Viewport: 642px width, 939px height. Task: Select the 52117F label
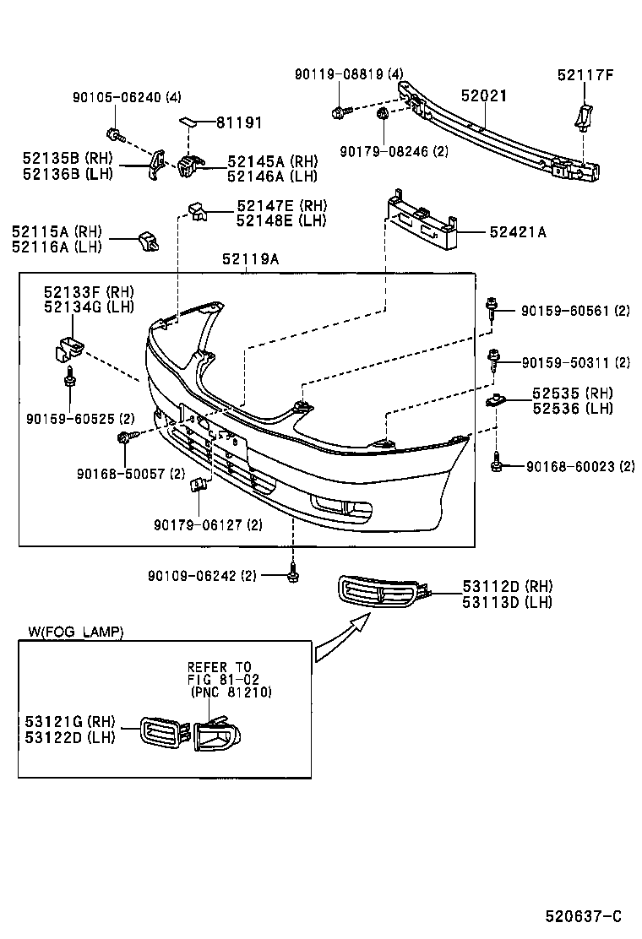pos(585,75)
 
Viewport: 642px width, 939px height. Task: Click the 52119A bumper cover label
pos(251,259)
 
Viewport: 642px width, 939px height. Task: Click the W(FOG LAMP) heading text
pos(75,632)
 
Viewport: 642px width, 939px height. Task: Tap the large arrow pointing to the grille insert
pos(342,639)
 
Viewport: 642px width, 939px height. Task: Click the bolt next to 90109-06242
pos(292,573)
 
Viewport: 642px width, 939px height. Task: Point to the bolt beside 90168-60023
pos(498,464)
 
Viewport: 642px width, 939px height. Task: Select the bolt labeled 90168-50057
pos(126,437)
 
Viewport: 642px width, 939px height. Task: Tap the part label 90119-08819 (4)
pos(350,75)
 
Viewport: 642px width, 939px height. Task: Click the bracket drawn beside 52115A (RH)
pos(149,242)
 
